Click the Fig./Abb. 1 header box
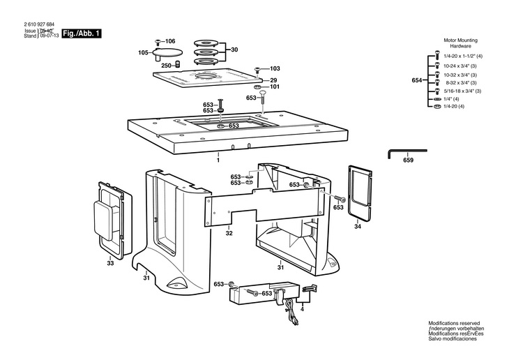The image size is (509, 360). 82,33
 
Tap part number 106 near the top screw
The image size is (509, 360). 170,42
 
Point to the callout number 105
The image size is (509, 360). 143,52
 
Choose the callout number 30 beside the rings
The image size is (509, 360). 234,50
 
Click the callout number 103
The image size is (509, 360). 274,68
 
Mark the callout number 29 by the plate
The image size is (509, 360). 274,80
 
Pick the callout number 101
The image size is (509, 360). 274,87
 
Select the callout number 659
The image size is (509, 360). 408,160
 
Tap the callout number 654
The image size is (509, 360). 417,81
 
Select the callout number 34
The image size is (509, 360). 358,226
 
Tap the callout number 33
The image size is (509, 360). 110,263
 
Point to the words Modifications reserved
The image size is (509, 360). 453,323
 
